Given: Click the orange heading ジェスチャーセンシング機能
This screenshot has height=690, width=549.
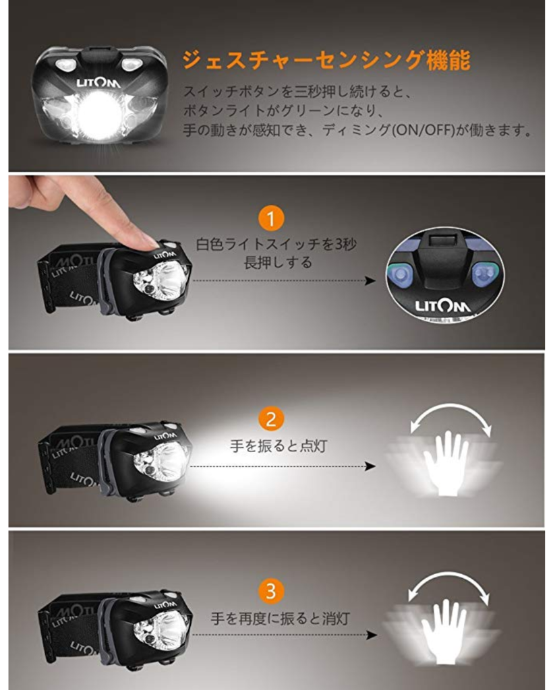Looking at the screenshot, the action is (326, 60).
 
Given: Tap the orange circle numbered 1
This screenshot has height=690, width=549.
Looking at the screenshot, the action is (270, 219).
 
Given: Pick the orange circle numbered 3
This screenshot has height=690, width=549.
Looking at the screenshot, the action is (270, 590).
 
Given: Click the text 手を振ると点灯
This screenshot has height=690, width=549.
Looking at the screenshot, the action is (279, 446).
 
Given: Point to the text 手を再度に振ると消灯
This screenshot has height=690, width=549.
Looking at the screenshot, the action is (280, 619).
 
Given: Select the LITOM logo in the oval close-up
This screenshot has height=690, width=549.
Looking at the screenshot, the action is (442, 305).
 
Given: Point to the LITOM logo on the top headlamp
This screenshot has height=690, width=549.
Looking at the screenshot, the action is (98, 83).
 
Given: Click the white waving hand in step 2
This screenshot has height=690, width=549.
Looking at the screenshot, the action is (446, 464).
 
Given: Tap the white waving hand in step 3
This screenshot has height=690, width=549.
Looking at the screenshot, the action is (443, 632).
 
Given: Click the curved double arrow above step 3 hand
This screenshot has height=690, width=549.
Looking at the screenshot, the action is (449, 577).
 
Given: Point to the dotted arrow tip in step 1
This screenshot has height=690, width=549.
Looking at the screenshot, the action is (373, 280).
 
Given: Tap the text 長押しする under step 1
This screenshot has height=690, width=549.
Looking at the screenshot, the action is (278, 263).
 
